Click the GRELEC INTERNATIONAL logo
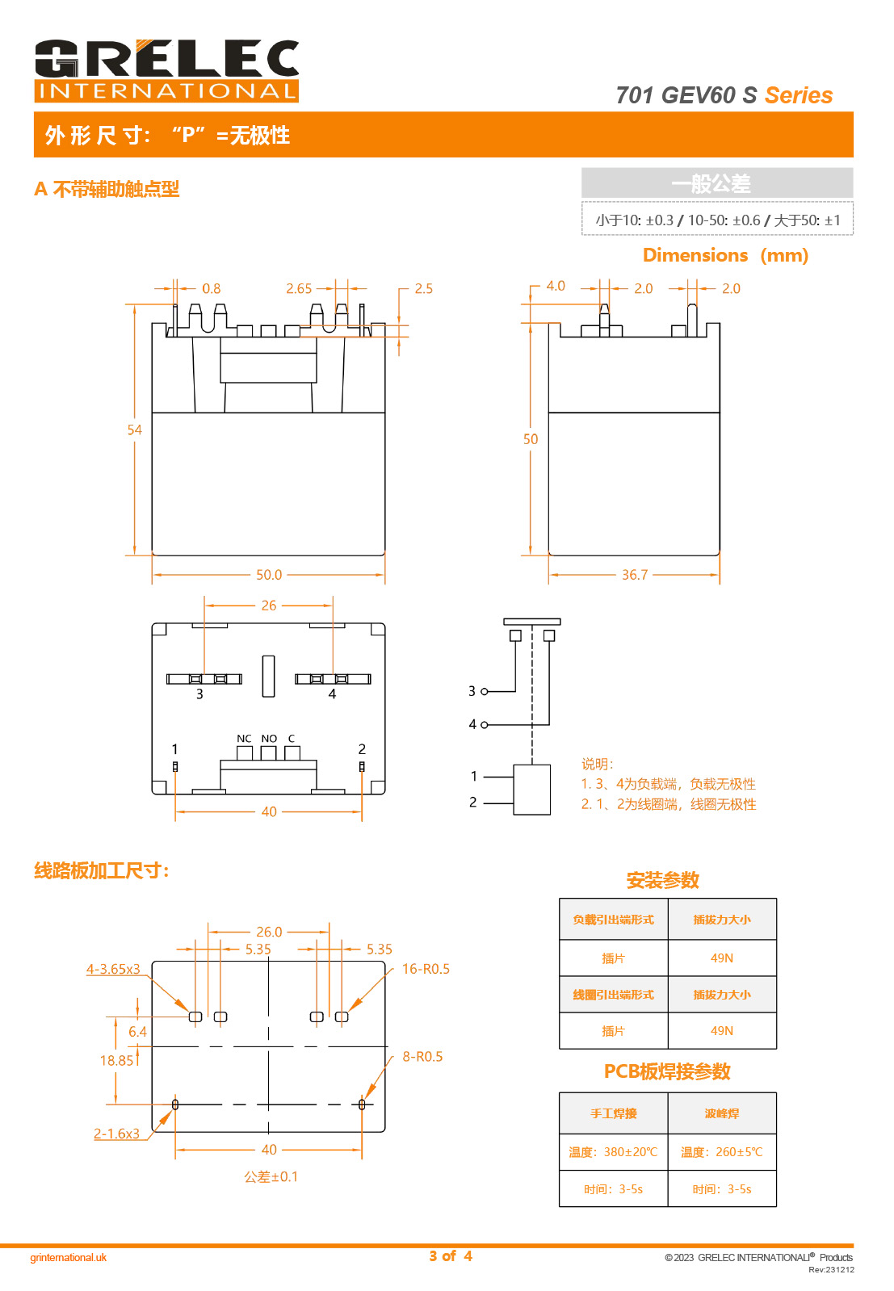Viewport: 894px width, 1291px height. [166, 70]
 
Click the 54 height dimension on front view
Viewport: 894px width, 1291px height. [134, 430]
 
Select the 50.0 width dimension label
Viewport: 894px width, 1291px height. [269, 575]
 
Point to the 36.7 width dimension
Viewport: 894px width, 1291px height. [635, 575]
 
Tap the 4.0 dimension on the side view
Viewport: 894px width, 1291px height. [556, 286]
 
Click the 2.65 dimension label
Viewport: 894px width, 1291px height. [299, 288]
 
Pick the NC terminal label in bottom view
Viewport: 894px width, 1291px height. [244, 739]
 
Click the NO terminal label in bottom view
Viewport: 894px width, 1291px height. [269, 739]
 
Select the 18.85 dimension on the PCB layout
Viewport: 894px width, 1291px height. [116, 1060]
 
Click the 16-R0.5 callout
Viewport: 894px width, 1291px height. [426, 969]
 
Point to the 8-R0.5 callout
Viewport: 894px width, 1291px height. [422, 1056]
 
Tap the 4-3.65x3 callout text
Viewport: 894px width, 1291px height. [113, 969]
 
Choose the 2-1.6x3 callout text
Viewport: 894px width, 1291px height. [116, 1134]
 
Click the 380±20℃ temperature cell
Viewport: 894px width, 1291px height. [613, 1152]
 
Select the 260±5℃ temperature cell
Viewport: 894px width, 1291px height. [721, 1152]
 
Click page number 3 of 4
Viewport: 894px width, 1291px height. [451, 1256]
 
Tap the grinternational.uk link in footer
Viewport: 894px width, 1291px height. [69, 1257]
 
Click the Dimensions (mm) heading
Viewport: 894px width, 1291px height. [725, 255]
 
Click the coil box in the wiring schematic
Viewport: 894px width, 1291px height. [532, 790]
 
